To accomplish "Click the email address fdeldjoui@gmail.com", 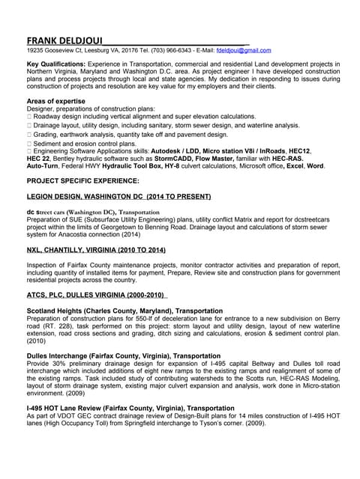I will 244,50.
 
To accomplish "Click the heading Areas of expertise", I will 55,100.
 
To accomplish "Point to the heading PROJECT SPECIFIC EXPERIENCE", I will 82,181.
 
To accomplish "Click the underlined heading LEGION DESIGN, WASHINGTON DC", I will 119,196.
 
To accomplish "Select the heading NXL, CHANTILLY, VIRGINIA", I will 96,249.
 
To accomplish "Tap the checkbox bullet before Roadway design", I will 29,117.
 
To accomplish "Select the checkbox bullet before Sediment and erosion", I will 29,143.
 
